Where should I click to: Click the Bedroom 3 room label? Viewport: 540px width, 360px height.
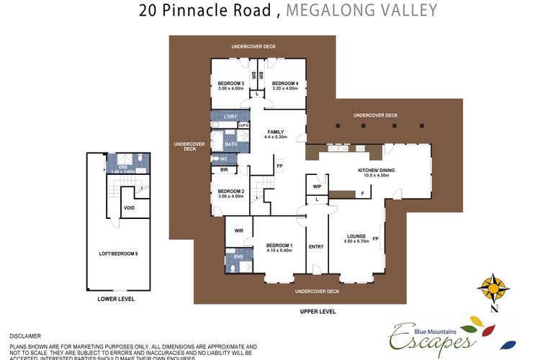coord(232,84)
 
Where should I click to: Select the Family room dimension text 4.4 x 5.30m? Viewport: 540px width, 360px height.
coord(276,137)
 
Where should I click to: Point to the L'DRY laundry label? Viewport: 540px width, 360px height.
coord(230,117)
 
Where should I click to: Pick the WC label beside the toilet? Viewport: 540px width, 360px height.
coord(224,158)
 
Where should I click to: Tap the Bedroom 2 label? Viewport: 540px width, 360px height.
coord(232,192)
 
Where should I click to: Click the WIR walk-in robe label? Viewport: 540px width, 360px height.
coord(239,230)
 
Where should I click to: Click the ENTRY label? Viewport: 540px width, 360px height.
coord(316,246)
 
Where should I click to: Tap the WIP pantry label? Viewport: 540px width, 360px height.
coord(317,186)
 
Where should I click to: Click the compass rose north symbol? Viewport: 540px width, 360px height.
coord(494,289)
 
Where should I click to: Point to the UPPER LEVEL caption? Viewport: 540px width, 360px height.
coord(318,310)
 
